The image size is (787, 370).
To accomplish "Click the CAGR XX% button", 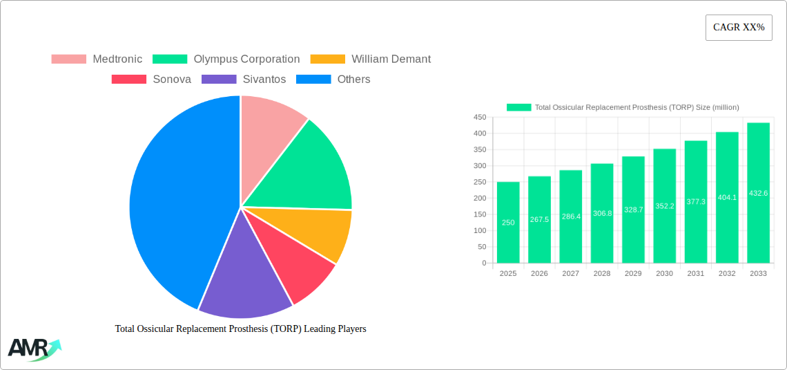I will click(x=738, y=28).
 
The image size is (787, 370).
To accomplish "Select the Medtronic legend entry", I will click(x=97, y=59).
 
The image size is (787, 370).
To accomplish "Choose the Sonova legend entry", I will click(x=151, y=80).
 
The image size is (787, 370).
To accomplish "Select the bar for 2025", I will click(x=508, y=222).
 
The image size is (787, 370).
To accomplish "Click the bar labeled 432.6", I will click(x=758, y=193).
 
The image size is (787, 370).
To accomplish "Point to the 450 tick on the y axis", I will click(x=479, y=118).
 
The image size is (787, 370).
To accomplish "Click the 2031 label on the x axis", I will click(x=696, y=274).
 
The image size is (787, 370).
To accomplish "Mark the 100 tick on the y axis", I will click(x=479, y=231).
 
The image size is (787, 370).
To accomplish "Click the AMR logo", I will click(x=34, y=349).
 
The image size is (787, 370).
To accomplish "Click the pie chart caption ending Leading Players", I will click(x=240, y=329).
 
